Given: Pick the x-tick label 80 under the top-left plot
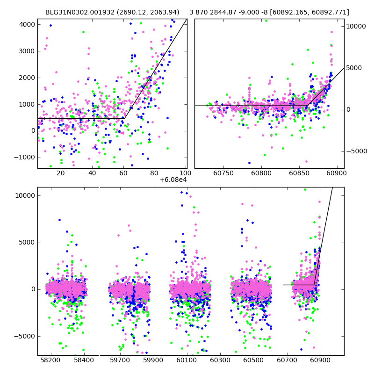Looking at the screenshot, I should (x=155, y=173).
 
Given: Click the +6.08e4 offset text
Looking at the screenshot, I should (x=173, y=180).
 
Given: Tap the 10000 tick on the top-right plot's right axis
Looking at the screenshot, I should (x=356, y=27).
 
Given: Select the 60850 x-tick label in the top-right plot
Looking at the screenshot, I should (x=298, y=173).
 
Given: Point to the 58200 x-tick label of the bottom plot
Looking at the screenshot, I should (x=50, y=360).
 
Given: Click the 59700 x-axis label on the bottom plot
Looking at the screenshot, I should (x=120, y=360).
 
